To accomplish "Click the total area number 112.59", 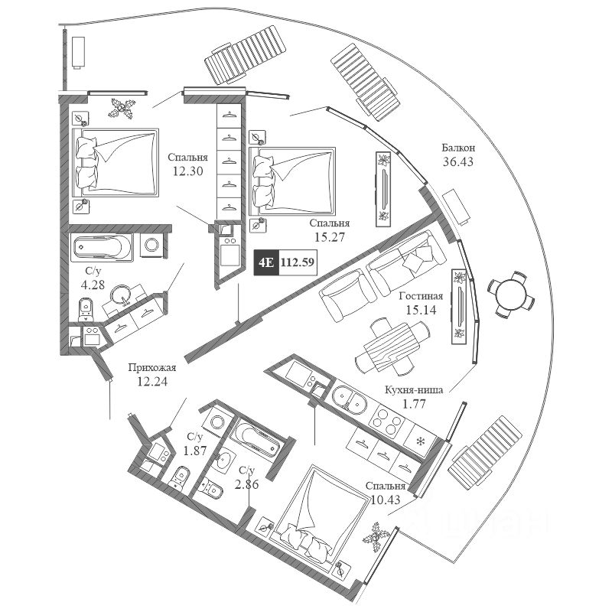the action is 297,263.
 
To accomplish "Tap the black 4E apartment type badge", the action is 265,263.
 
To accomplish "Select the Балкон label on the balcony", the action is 459,148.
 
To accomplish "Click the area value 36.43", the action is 459,162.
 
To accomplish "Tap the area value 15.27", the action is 329,238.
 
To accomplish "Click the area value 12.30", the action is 187,171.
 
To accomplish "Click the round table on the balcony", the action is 506,294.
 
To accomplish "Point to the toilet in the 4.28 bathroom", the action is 86,308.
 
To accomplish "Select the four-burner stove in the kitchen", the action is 382,417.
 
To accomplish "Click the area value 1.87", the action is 194,450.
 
